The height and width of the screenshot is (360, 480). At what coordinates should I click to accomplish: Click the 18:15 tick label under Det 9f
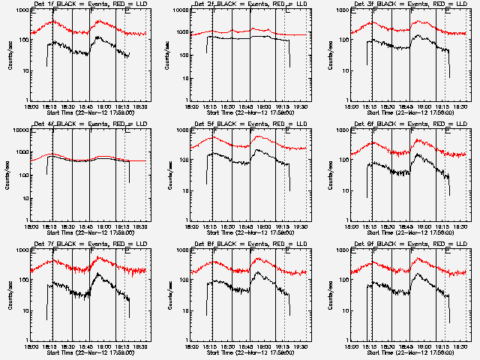pyautogui.click(x=370, y=346)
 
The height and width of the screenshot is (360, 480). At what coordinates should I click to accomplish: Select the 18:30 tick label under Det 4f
pyautogui.click(x=67, y=226)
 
